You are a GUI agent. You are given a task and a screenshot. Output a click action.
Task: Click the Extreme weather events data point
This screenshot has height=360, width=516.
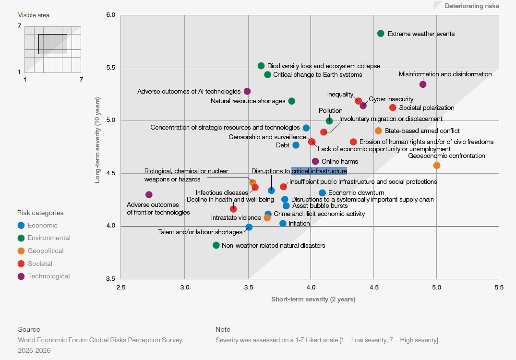click(381, 34)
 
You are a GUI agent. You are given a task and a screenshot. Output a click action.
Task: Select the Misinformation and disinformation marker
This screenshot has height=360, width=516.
click(423, 84)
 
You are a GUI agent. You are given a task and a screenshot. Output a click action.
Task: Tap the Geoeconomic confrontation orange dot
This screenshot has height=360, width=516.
click(437, 166)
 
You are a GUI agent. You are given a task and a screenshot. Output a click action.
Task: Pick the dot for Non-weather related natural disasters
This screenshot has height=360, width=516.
click(216, 245)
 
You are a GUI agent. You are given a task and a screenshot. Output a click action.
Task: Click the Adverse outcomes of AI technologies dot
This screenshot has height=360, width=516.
click(247, 91)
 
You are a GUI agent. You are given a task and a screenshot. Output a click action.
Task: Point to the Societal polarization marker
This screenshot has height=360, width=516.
click(393, 108)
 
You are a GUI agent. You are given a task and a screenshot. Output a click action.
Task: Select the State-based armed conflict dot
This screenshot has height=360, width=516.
click(378, 131)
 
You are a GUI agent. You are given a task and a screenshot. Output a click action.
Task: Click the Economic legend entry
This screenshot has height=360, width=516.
click(42, 226)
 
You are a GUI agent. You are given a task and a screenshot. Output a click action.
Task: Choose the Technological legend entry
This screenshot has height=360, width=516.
click(48, 276)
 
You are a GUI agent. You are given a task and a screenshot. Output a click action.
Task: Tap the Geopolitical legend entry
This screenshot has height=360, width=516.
click(46, 251)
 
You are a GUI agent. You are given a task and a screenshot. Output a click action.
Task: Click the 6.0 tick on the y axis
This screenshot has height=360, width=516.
click(110, 15)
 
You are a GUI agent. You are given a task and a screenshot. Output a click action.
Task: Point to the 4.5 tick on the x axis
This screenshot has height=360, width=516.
click(374, 288)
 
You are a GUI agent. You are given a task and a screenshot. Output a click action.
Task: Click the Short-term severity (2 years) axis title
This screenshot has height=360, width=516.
click(313, 300)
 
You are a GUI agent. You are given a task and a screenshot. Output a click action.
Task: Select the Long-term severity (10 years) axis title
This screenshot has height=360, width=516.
click(97, 147)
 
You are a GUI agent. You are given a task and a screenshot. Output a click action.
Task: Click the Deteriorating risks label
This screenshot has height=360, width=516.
click(471, 6)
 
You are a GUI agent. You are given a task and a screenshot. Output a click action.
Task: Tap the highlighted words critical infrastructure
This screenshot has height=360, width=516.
click(319, 171)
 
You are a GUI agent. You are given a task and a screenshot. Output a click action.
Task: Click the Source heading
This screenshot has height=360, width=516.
click(29, 329)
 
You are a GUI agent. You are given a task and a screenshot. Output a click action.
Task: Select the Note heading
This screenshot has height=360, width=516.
click(223, 329)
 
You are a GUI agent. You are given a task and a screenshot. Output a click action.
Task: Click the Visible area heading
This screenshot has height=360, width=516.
click(34, 15)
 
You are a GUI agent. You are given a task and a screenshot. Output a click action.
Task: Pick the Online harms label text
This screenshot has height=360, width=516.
click(339, 162)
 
